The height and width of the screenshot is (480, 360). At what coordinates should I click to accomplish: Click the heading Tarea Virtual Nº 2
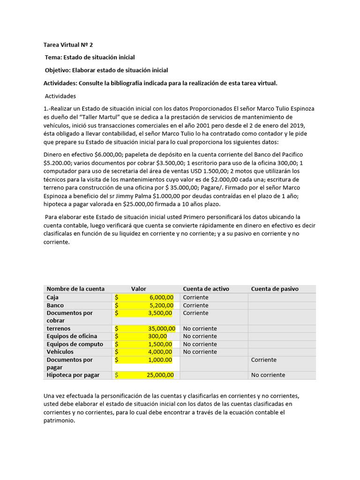(68, 45)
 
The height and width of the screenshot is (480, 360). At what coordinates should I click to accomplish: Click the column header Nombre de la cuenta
(75, 289)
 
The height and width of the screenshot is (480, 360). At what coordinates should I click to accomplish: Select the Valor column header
(139, 289)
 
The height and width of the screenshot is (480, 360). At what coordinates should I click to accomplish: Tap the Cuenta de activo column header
(206, 289)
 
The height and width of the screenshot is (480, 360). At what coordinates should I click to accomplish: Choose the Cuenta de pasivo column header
(275, 289)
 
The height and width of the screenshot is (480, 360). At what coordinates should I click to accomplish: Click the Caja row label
(53, 297)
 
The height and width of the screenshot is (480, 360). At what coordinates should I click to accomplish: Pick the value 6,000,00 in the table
(162, 297)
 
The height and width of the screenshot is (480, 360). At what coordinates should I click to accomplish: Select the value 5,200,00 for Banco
(162, 305)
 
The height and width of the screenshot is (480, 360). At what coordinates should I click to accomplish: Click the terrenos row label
(59, 329)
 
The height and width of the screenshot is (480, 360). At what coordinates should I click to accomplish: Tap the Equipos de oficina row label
(72, 336)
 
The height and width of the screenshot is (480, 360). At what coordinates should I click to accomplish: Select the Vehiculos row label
(60, 352)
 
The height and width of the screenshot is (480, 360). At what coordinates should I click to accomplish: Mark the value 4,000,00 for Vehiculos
(162, 352)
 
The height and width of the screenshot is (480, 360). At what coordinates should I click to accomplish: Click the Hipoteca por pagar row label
(73, 375)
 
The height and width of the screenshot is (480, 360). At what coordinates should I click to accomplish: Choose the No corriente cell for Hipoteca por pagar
(268, 375)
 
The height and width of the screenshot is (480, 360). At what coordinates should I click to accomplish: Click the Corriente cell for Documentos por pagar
(264, 360)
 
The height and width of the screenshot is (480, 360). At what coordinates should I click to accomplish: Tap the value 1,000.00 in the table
(162, 360)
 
